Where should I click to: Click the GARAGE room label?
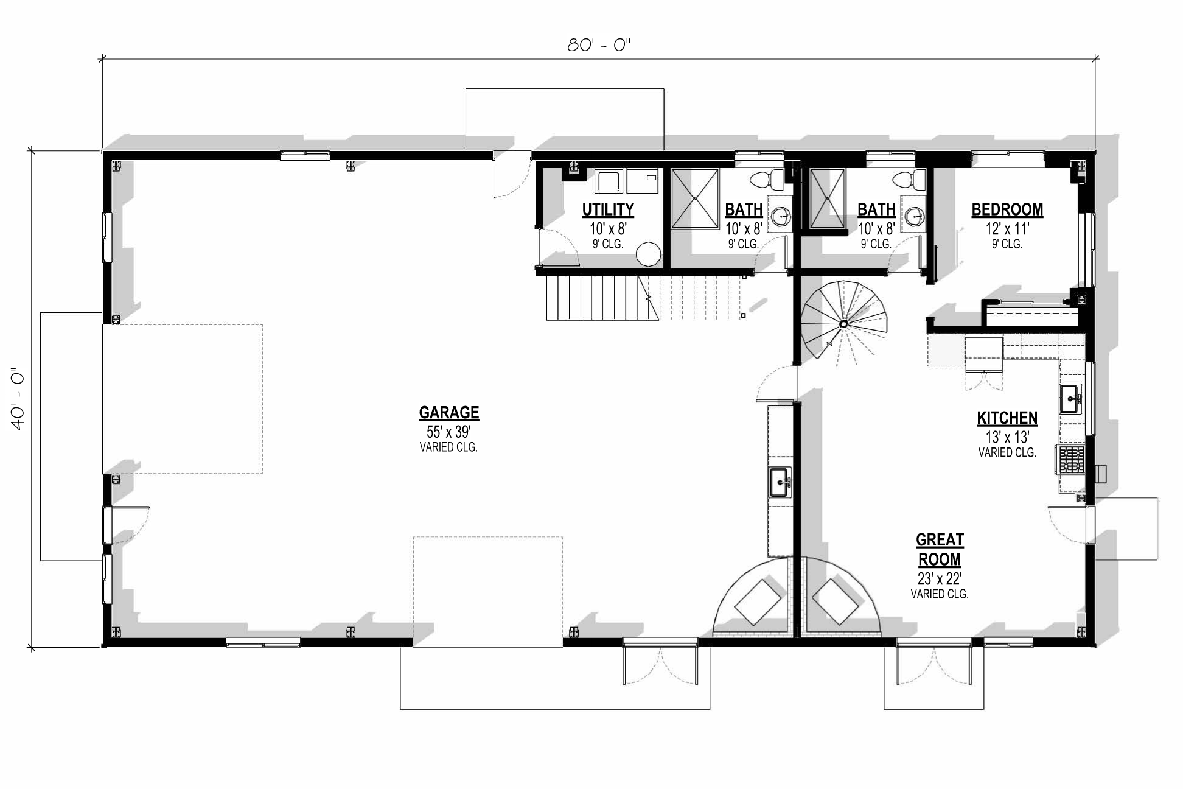pyautogui.click(x=448, y=413)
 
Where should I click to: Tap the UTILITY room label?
pyautogui.click(x=607, y=209)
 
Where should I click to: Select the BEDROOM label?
pyautogui.click(x=1007, y=209)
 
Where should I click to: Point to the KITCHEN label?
pyautogui.click(x=1007, y=418)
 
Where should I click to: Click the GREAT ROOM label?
pyautogui.click(x=939, y=549)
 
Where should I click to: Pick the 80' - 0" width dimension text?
pyautogui.click(x=599, y=45)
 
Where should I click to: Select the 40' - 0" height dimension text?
pyautogui.click(x=18, y=399)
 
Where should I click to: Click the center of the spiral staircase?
pyautogui.click(x=843, y=324)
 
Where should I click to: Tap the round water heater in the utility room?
pyautogui.click(x=649, y=254)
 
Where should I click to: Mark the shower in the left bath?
pyautogui.click(x=694, y=198)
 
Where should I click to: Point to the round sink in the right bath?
pyautogui.click(x=914, y=216)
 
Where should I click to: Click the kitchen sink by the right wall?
pyautogui.click(x=1070, y=399)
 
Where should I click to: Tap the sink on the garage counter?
pyautogui.click(x=780, y=482)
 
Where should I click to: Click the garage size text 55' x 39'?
pyautogui.click(x=448, y=432)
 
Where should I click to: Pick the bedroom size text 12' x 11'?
pyautogui.click(x=1007, y=229)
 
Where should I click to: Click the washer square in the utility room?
pyautogui.click(x=608, y=181)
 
